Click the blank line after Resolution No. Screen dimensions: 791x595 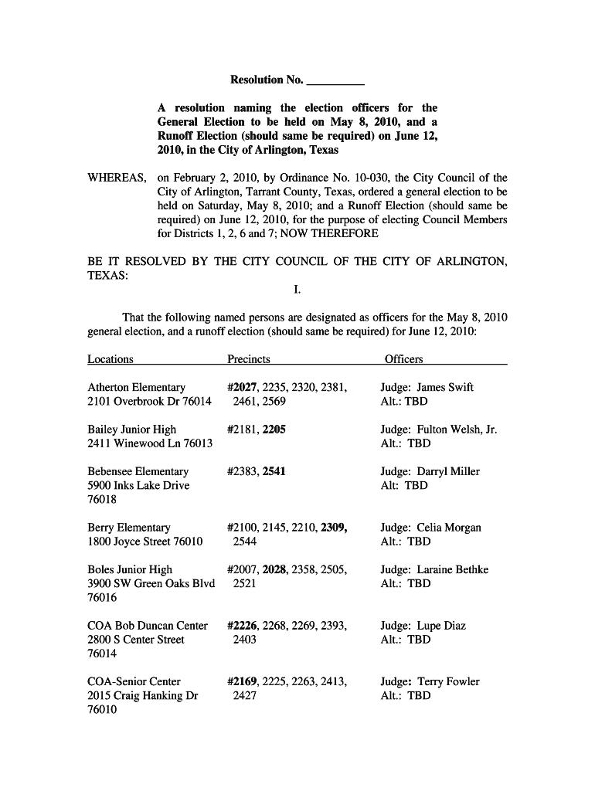(335, 81)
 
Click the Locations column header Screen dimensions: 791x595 (110, 359)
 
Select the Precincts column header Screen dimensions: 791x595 (249, 359)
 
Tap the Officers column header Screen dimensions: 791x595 (403, 359)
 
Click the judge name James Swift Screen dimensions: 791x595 (445, 388)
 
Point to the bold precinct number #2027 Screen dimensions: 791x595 (243, 388)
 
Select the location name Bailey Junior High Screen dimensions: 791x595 (132, 429)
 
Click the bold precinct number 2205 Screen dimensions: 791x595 (274, 429)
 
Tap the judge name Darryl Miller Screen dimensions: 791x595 (448, 472)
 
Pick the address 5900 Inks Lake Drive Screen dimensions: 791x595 (138, 486)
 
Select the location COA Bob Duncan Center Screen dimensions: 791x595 (148, 626)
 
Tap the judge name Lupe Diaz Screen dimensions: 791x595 (441, 626)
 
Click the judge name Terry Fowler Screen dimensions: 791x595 (448, 682)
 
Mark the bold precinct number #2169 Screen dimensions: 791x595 (243, 682)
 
